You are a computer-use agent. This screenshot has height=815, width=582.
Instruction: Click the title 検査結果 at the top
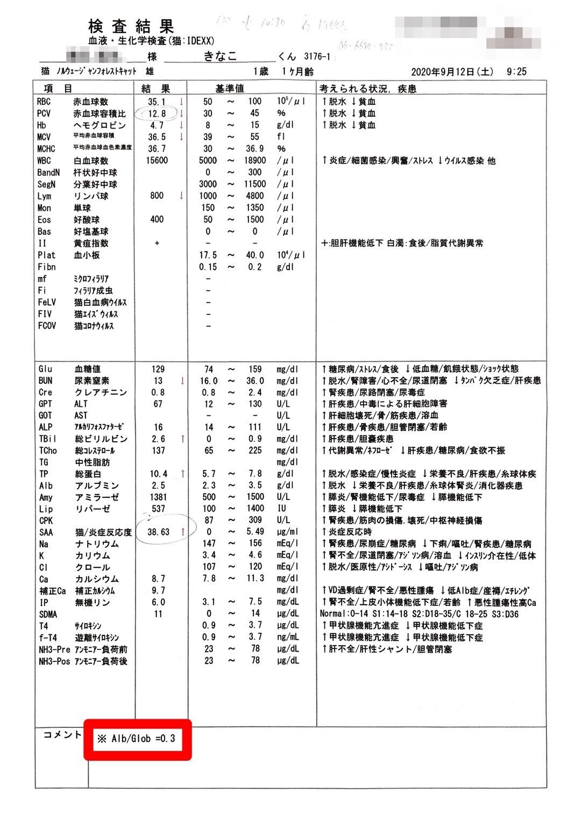(x=131, y=26)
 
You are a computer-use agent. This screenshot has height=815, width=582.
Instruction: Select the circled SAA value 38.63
(x=158, y=532)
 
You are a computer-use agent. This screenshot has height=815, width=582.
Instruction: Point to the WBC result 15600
(x=157, y=160)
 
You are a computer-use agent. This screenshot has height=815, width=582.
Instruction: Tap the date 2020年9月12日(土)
(x=452, y=72)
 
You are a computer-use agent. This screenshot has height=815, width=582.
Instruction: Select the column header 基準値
(x=230, y=88)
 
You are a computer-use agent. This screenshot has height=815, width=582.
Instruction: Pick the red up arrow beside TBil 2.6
(x=183, y=439)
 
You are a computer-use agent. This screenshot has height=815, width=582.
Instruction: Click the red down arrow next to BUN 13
(x=183, y=381)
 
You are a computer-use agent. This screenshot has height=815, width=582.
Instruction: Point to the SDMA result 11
(x=158, y=614)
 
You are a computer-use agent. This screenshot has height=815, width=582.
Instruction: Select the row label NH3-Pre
(x=54, y=649)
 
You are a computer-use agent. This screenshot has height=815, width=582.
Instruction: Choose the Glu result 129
(x=158, y=369)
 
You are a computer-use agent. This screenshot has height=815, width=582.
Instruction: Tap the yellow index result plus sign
(x=157, y=243)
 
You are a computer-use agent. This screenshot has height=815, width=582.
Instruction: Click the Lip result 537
(x=158, y=509)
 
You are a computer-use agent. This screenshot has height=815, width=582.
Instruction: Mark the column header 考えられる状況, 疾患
(x=368, y=88)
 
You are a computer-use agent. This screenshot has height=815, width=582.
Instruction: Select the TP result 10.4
(x=158, y=474)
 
